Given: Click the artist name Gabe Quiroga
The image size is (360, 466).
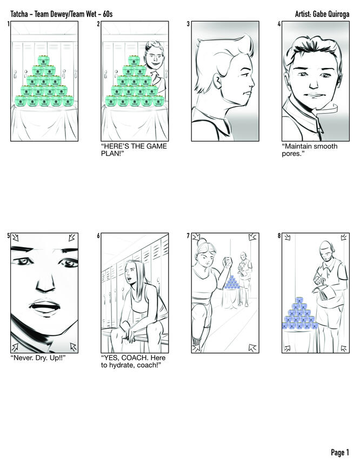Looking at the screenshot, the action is [x=331, y=14].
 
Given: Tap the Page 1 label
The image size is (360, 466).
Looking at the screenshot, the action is [x=340, y=452].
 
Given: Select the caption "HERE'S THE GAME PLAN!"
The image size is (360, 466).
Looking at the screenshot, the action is [x=134, y=150].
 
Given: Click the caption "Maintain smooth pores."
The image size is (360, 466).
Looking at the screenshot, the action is [x=310, y=150].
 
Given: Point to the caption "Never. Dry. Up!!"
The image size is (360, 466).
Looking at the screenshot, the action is [x=38, y=357].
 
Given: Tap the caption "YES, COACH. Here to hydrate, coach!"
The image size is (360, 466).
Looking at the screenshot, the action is [x=133, y=361].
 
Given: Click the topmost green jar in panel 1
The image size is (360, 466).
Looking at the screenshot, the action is [x=43, y=61].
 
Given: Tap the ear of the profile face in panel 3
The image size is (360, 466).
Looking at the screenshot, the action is [x=217, y=82].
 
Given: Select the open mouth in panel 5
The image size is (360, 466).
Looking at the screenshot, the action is [x=45, y=306].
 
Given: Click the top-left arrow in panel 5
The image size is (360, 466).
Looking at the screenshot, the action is [x=15, y=237].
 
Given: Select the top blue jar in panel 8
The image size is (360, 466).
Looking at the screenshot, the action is [x=299, y=300].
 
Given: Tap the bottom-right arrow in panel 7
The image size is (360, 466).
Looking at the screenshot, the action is [x=252, y=347].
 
